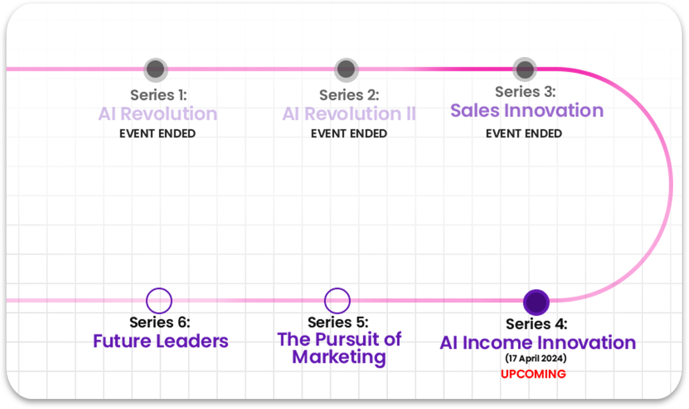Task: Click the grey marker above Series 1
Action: pyautogui.click(x=156, y=69)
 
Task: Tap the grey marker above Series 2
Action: pyautogui.click(x=346, y=69)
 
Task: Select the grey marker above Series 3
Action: pyautogui.click(x=524, y=69)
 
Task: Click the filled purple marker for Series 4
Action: pyautogui.click(x=536, y=302)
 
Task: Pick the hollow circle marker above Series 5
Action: pyautogui.click(x=337, y=301)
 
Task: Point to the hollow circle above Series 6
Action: pyautogui.click(x=159, y=301)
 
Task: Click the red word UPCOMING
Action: pyautogui.click(x=533, y=374)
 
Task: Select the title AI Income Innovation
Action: pyautogui.click(x=537, y=343)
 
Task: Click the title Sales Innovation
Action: pyautogui.click(x=527, y=110)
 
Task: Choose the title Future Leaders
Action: pyautogui.click(x=160, y=340)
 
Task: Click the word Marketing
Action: pyautogui.click(x=339, y=357)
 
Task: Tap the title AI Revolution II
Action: pyautogui.click(x=349, y=113)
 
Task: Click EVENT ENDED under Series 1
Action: pyautogui.click(x=158, y=133)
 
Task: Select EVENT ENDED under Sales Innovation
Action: pyautogui.click(x=524, y=133)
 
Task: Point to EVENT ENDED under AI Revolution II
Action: pyautogui.click(x=349, y=133)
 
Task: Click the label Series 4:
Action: pyautogui.click(x=537, y=324)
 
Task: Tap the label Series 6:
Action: pyautogui.click(x=160, y=322)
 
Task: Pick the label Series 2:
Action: pyautogui.click(x=349, y=95)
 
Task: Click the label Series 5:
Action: pyautogui.click(x=338, y=322)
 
